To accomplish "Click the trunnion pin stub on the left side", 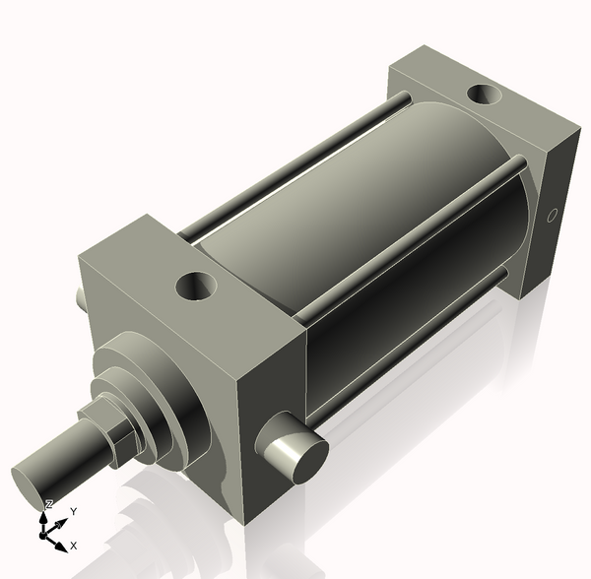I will tap(80, 295).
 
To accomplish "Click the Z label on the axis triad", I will tap(49, 504).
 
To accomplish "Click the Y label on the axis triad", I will tap(73, 512).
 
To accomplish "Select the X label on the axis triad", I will tap(74, 545).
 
